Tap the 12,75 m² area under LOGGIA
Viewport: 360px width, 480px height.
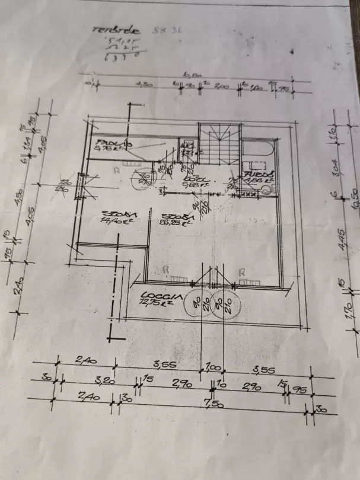(155, 303)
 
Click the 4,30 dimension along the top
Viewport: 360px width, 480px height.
(143, 85)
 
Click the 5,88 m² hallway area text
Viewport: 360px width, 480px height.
(193, 184)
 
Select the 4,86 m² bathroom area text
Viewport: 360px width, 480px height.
(259, 179)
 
